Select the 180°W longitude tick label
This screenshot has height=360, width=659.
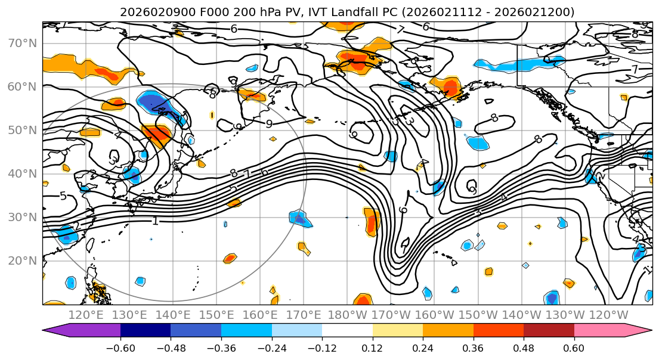(348, 315)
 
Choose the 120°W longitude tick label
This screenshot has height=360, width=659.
(609, 315)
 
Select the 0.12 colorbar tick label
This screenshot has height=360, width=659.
(373, 347)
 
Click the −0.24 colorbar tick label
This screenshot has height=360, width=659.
(271, 347)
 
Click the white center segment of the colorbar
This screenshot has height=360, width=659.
(347, 331)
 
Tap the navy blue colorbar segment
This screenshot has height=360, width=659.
(145, 331)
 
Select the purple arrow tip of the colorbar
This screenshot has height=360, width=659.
(54, 331)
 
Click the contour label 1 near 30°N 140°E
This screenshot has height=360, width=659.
(156, 221)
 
